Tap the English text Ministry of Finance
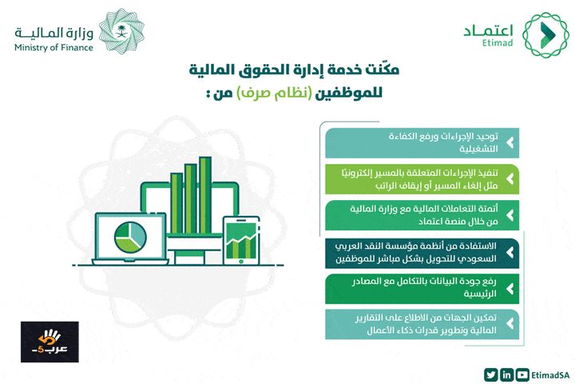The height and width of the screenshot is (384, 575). pyautogui.click(x=53, y=47)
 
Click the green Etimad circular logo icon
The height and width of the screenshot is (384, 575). pyautogui.click(x=545, y=34)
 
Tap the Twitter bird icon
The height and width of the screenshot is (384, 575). pyautogui.click(x=489, y=374)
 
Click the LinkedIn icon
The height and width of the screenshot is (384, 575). pyautogui.click(x=506, y=374)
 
